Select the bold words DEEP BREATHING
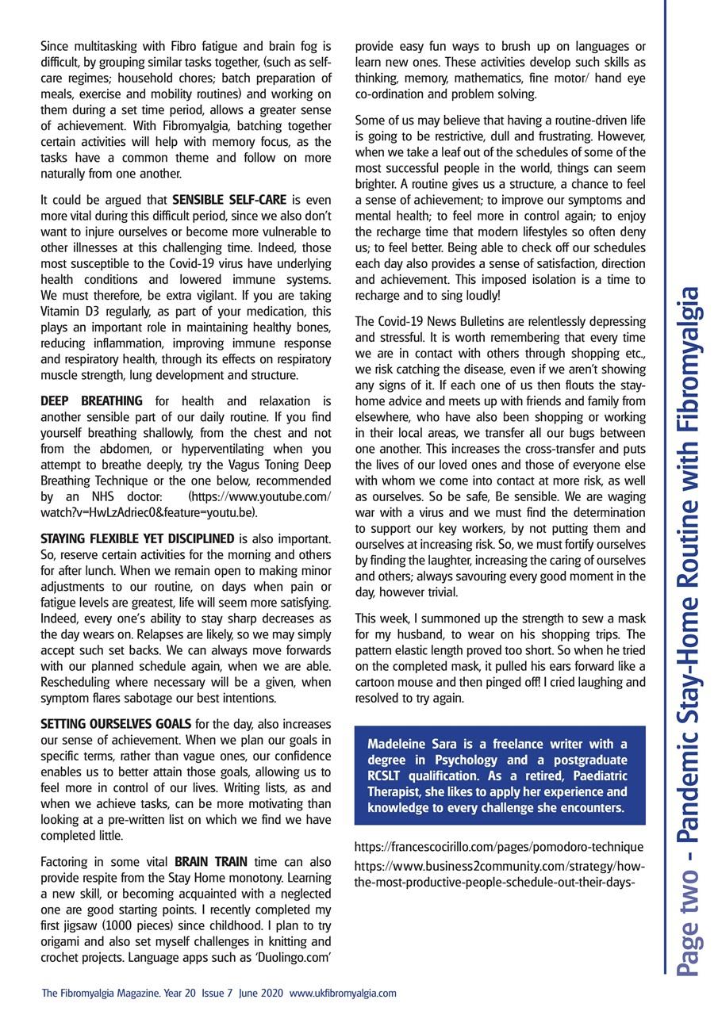(91, 400)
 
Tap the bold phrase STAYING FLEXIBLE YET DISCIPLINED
(137, 539)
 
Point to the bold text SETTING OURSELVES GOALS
(116, 723)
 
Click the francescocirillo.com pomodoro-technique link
(499, 848)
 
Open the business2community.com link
(499, 872)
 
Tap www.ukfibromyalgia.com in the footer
(343, 993)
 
